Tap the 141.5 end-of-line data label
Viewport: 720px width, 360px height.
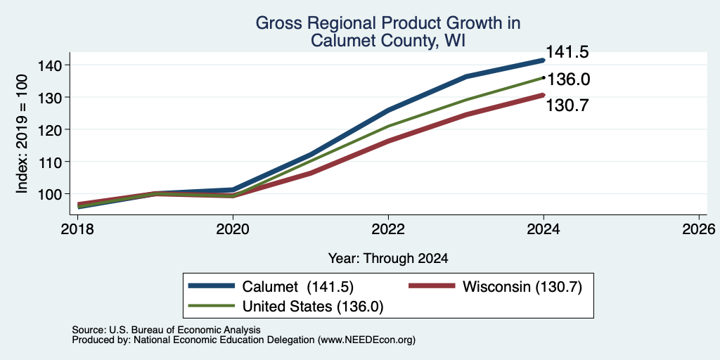(x=567, y=52)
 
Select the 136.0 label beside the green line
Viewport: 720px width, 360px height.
(x=568, y=79)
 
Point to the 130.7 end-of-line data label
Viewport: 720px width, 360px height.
(x=567, y=105)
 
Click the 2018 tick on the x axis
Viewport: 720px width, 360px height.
(x=77, y=229)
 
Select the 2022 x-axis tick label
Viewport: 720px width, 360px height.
(x=388, y=229)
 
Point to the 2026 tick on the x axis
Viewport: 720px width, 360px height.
(x=700, y=229)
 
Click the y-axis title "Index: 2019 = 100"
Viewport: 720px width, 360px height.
(x=22, y=134)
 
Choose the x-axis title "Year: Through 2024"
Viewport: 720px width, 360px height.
(x=388, y=259)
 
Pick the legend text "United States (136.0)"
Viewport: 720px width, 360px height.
(x=313, y=307)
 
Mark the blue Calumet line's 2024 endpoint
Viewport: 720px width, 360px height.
(x=544, y=60)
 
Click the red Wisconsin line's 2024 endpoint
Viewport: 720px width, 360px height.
(x=544, y=95)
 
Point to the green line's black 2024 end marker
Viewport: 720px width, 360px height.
(x=544, y=77)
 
